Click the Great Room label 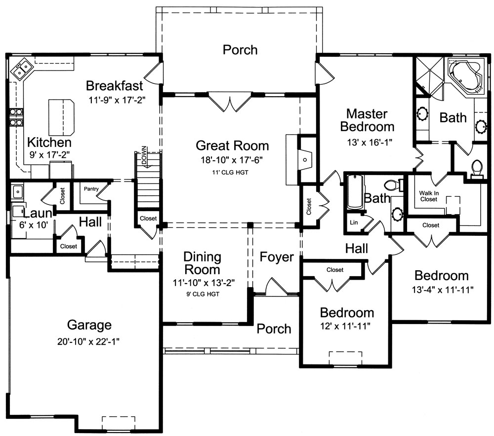click(x=232, y=145)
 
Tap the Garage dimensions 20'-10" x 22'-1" click(x=89, y=341)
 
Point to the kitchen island click(x=61, y=117)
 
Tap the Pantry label click(x=91, y=188)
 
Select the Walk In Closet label click(x=429, y=196)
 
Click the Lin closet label click(x=353, y=222)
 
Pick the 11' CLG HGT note click(x=232, y=172)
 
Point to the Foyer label click(x=277, y=257)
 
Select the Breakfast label click(x=115, y=85)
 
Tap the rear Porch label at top click(x=240, y=50)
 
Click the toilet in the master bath click(x=476, y=168)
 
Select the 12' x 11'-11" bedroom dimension click(x=346, y=326)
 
